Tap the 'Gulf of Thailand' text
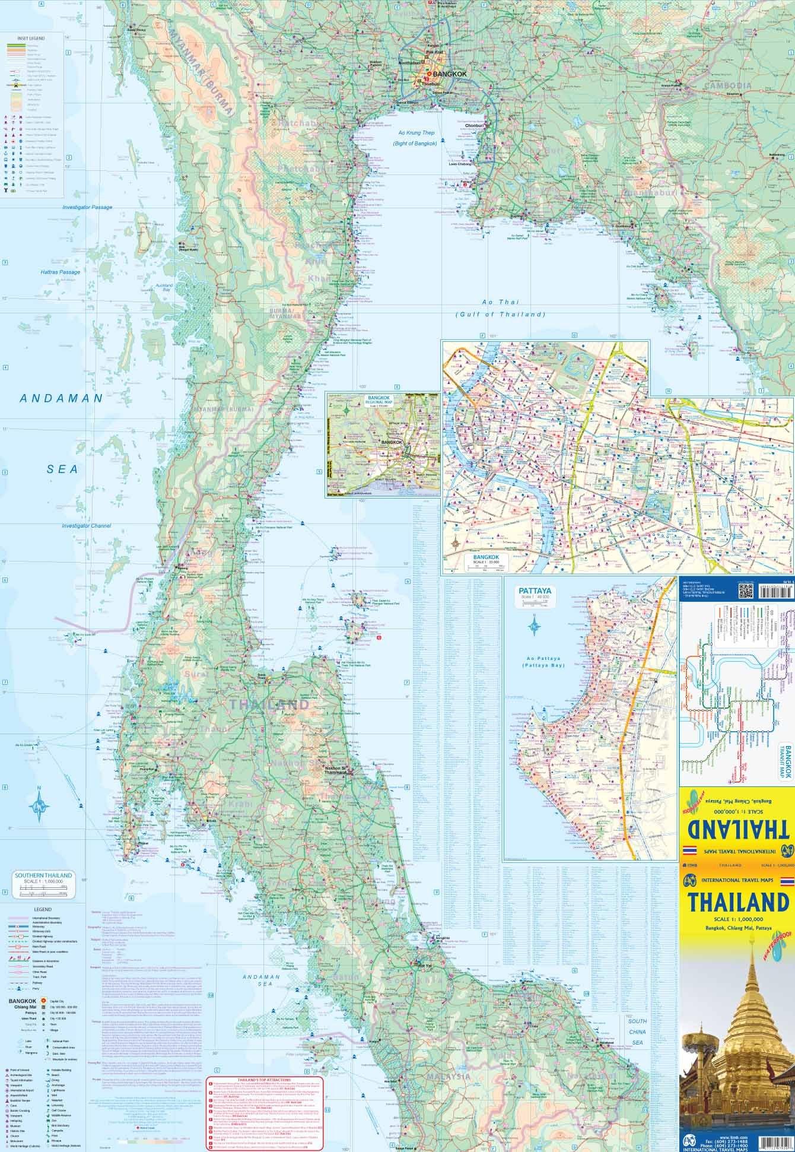click(500, 315)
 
